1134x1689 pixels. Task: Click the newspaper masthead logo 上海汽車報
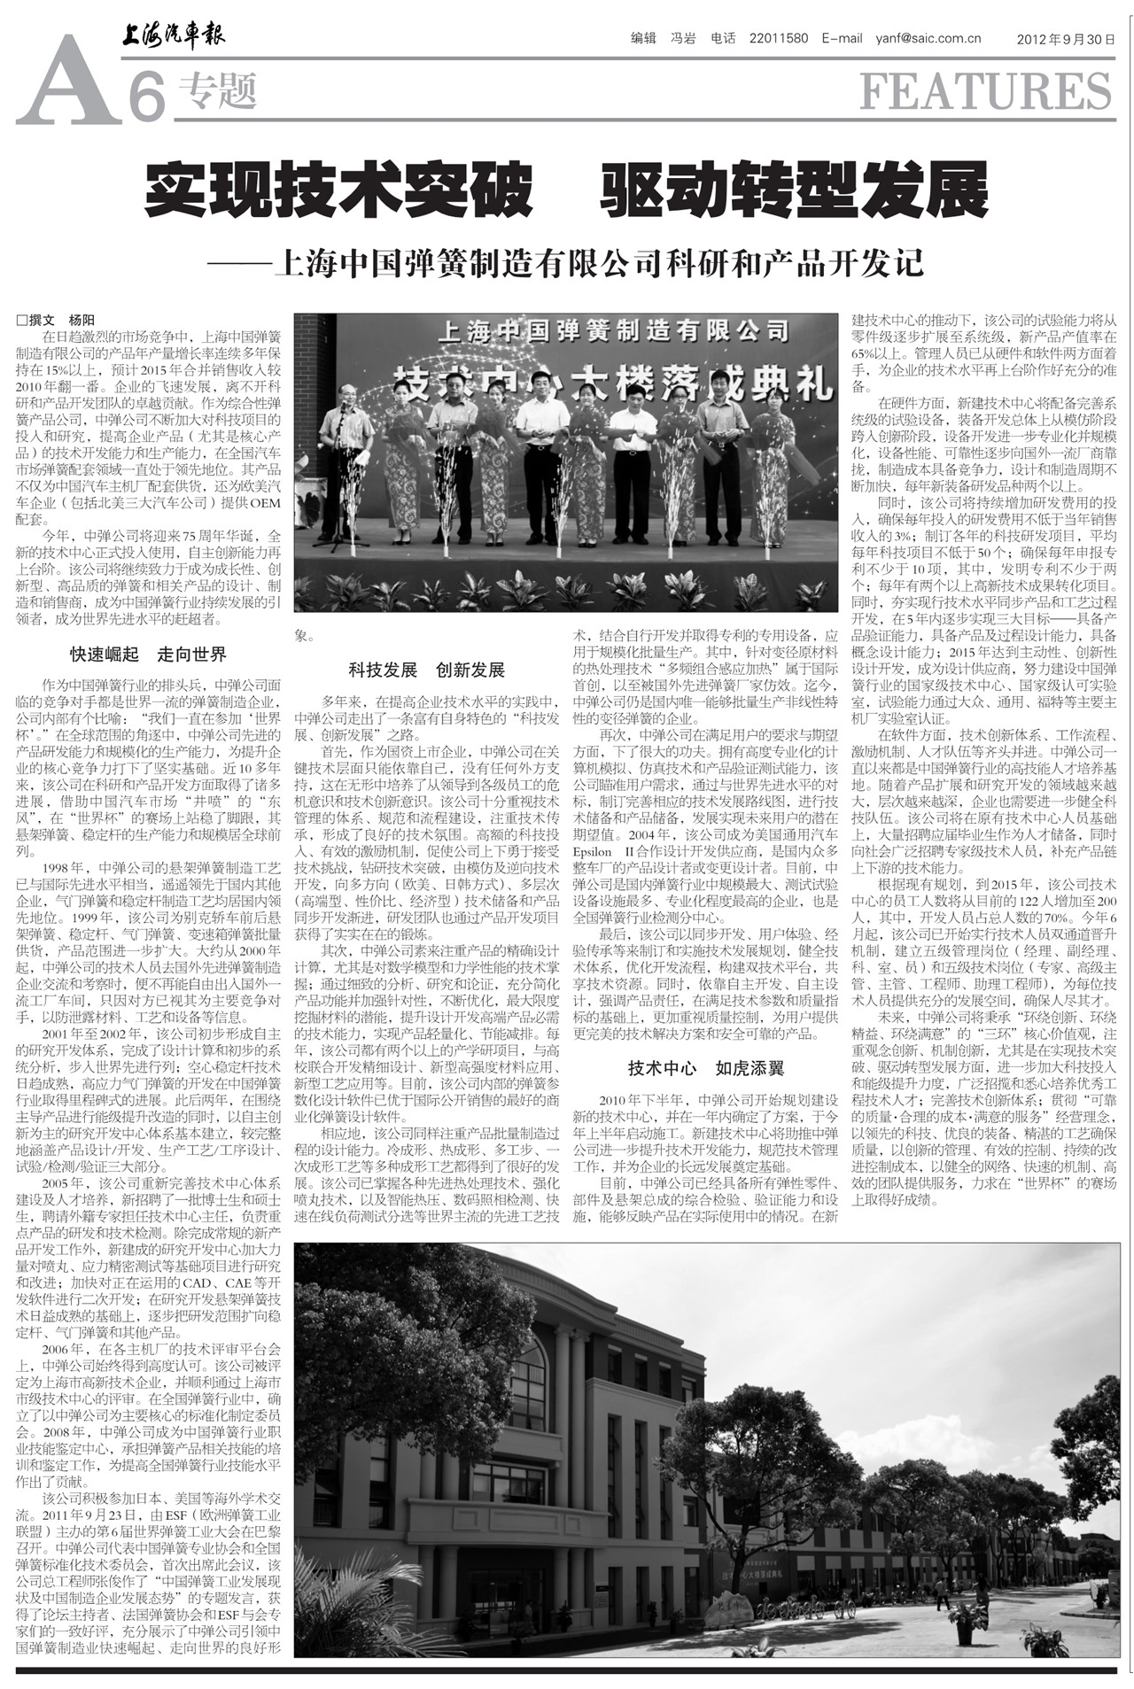(174, 35)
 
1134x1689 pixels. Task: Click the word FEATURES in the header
(985, 91)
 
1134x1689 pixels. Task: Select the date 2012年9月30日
(1065, 39)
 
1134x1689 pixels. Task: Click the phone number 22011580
(778, 38)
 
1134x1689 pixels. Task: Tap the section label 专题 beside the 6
(217, 91)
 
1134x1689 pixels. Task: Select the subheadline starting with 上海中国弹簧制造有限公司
(599, 264)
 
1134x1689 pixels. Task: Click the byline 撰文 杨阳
(56, 321)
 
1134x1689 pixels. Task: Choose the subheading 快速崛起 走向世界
(149, 655)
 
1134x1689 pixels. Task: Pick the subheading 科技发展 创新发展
(426, 670)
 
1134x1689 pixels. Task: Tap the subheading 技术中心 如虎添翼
(706, 1068)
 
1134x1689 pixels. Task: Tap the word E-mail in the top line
(842, 38)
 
